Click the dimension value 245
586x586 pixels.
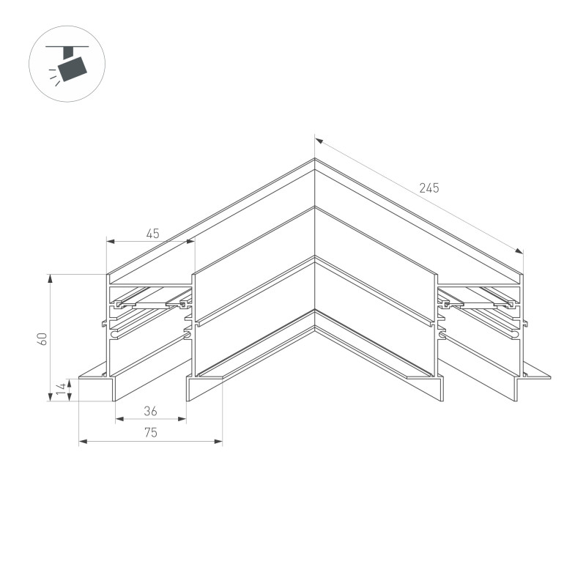(429, 188)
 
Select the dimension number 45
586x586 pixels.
(152, 234)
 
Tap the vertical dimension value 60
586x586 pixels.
(43, 338)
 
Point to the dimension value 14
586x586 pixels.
(62, 390)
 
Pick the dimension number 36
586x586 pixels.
(151, 412)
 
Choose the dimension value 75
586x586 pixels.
(150, 433)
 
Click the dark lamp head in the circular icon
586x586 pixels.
(73, 67)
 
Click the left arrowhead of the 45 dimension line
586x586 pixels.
(110, 240)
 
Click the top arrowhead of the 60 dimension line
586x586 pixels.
(51, 278)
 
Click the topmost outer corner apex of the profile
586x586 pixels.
(315, 159)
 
